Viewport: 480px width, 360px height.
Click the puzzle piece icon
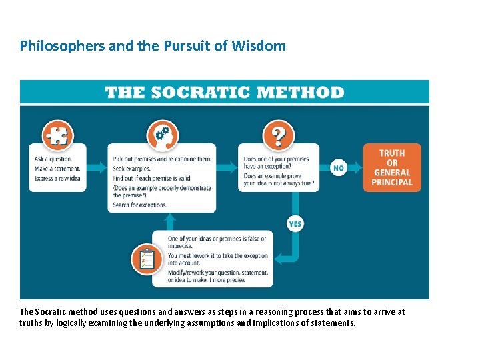57,135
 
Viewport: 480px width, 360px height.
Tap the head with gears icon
162,135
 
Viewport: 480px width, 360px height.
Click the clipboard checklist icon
147,259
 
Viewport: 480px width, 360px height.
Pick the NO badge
339,168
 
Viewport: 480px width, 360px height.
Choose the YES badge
295,224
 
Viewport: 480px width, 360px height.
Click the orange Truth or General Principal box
392,167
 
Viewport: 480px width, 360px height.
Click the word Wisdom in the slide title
261,46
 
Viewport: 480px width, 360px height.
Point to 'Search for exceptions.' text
139,205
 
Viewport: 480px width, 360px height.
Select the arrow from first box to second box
97,167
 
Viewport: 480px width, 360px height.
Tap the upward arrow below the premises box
171,221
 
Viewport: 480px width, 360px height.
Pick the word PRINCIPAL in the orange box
393,182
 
